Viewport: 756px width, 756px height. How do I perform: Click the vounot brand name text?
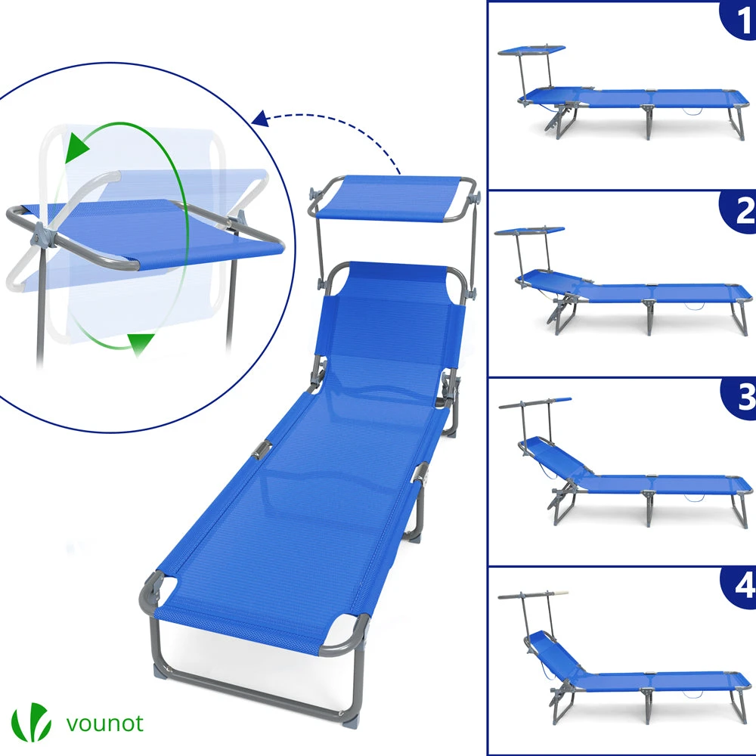pyautogui.click(x=104, y=723)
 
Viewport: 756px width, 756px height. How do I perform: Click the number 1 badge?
pyautogui.click(x=738, y=20)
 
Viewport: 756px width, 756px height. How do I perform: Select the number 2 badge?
pyautogui.click(x=738, y=211)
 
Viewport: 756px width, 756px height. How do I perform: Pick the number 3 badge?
pyautogui.click(x=739, y=397)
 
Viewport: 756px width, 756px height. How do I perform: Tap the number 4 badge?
pyautogui.click(x=739, y=585)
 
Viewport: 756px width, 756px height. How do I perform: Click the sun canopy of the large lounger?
pyautogui.click(x=393, y=199)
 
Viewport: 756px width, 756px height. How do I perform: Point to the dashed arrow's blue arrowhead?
pyautogui.click(x=260, y=119)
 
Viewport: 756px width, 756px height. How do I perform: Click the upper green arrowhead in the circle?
pyautogui.click(x=76, y=147)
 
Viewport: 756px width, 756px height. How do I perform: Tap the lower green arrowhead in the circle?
pyautogui.click(x=141, y=343)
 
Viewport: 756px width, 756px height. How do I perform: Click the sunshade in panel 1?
pyautogui.click(x=531, y=50)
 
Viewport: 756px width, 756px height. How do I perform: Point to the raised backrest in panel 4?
pyautogui.click(x=554, y=654)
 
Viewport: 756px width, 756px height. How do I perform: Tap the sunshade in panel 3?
pyautogui.click(x=535, y=403)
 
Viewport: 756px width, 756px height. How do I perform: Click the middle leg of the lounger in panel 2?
pyautogui.click(x=649, y=316)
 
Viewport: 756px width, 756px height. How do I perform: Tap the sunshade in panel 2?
pyautogui.click(x=529, y=231)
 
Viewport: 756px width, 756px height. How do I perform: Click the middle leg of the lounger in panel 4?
pyautogui.click(x=649, y=706)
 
